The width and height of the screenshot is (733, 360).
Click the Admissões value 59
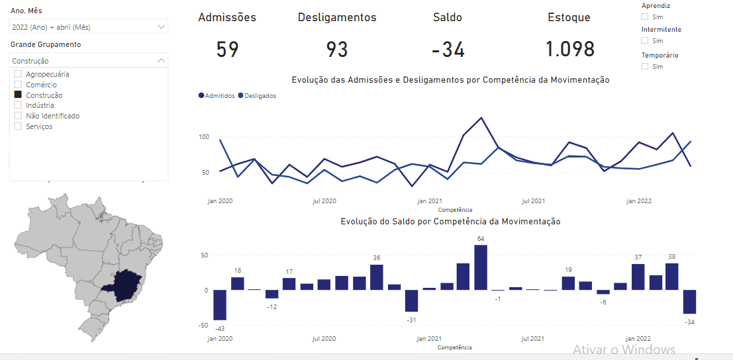227,50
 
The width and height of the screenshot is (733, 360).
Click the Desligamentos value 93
337,50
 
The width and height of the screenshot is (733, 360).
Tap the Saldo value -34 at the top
448,50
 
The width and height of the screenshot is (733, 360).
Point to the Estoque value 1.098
570,50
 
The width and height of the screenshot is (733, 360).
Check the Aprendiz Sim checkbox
645,17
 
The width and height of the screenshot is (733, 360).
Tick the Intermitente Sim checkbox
645,41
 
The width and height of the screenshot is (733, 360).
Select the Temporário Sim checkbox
645,66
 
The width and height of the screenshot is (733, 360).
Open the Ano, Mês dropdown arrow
162,26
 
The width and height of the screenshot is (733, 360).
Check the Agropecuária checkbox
19,74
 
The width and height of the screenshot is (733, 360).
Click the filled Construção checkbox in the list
19,95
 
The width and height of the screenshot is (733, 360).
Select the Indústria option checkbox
19,105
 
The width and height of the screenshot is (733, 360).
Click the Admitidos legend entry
217,96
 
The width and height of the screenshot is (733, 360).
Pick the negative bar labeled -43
220,305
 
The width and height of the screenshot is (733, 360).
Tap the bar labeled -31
412,300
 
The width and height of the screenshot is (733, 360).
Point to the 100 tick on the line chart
204,137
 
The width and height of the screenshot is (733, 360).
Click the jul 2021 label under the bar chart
533,339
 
